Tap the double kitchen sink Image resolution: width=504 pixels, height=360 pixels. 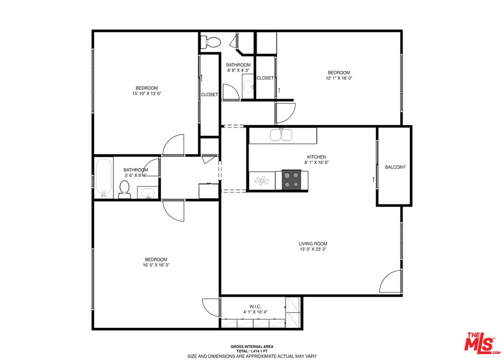tap(281, 135)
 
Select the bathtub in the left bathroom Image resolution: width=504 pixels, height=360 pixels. tap(103, 178)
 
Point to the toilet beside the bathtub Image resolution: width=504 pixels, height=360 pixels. tap(125, 189)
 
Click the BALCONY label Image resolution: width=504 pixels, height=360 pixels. tap(395, 167)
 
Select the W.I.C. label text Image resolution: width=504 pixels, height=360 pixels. tap(256, 306)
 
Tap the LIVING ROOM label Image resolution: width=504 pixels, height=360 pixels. tap(313, 243)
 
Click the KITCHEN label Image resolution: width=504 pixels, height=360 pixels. tap(316, 156)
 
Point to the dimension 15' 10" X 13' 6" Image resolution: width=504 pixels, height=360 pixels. tap(145, 93)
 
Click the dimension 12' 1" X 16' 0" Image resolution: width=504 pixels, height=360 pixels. tap(338, 78)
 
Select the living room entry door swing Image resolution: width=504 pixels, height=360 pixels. tap(391, 282)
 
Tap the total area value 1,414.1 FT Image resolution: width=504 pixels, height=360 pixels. tap(252, 351)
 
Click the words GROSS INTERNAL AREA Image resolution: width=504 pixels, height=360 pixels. tap(252, 346)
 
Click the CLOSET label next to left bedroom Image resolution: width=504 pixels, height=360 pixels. tap(209, 94)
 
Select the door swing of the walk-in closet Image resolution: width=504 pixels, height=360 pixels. tap(209, 305)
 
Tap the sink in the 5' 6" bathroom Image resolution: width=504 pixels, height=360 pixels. tap(147, 192)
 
